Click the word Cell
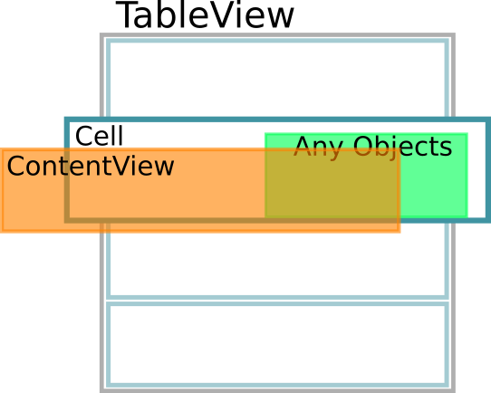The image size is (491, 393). click(99, 137)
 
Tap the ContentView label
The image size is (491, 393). click(90, 167)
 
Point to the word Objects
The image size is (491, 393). click(402, 147)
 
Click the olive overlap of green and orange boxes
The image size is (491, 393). click(332, 186)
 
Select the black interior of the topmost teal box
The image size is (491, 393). click(277, 78)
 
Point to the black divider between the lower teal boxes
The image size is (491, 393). click(277, 300)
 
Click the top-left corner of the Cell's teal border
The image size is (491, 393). click(66, 120)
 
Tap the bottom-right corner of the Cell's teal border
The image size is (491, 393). click(487, 220)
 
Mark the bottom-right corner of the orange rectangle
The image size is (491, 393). click(400, 232)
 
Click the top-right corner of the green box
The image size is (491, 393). click(466, 135)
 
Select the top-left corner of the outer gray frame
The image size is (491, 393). click(101, 35)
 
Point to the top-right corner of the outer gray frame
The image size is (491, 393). click(453, 35)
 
